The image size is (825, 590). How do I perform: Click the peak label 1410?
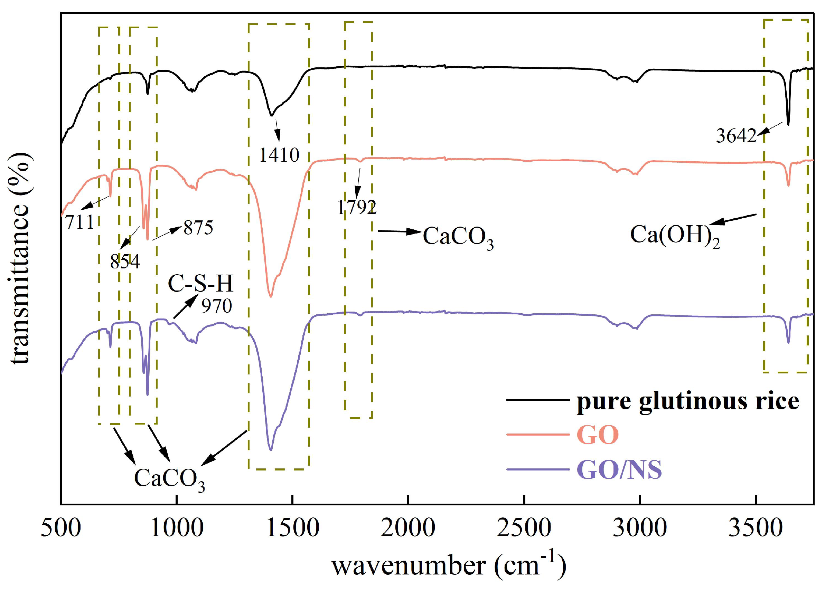coord(279,155)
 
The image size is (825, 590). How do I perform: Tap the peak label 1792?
coord(357,208)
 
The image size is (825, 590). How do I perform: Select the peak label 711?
coord(80,222)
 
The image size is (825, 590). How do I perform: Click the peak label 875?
coord(198,228)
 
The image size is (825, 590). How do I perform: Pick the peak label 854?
coord(125,261)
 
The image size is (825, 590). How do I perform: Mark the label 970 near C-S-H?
coord(217,306)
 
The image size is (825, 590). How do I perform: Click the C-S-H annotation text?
coord(200,284)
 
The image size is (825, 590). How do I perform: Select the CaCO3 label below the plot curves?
coord(169,479)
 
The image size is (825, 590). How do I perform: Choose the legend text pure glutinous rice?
coord(688,401)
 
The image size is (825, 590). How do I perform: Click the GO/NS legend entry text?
coord(619,470)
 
